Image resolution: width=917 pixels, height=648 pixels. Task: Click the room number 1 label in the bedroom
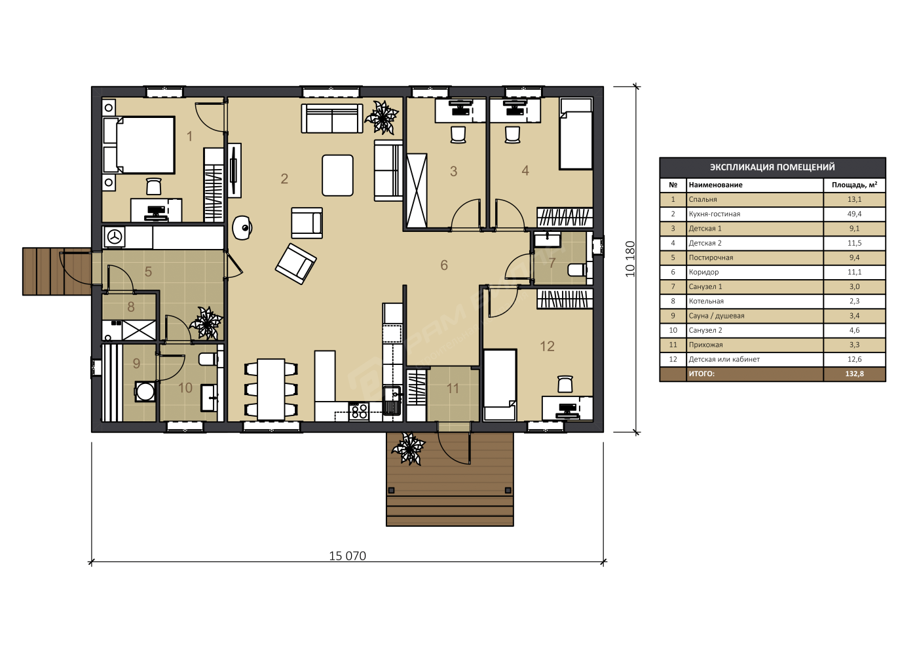click(x=189, y=136)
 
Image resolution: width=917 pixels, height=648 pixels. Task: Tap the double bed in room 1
click(x=139, y=145)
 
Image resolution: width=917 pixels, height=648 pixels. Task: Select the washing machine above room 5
click(x=114, y=237)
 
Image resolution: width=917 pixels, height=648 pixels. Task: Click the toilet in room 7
click(x=577, y=270)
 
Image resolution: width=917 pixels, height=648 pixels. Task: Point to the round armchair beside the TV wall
click(x=242, y=228)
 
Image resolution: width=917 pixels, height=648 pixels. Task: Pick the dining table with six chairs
click(x=271, y=389)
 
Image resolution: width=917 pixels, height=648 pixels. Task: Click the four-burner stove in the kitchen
click(x=359, y=411)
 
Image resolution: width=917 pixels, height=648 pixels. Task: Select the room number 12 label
click(x=547, y=347)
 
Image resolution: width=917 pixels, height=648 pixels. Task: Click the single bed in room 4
click(x=576, y=134)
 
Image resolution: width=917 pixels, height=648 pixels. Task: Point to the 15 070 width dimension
click(x=348, y=556)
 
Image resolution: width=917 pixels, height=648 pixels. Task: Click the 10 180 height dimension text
click(x=630, y=259)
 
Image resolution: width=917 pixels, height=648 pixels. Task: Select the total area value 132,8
click(x=854, y=374)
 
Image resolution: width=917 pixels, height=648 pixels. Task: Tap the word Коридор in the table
click(x=703, y=272)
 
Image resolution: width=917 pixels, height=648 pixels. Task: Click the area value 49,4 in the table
click(x=854, y=214)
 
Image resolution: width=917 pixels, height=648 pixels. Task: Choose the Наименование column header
click(x=715, y=185)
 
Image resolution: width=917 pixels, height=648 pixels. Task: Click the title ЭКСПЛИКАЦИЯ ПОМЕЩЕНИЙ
click(x=772, y=167)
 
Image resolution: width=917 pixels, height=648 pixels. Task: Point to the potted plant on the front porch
click(x=409, y=449)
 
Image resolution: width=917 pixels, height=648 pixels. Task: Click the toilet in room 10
click(x=208, y=360)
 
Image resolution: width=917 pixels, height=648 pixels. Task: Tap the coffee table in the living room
click(x=337, y=176)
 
